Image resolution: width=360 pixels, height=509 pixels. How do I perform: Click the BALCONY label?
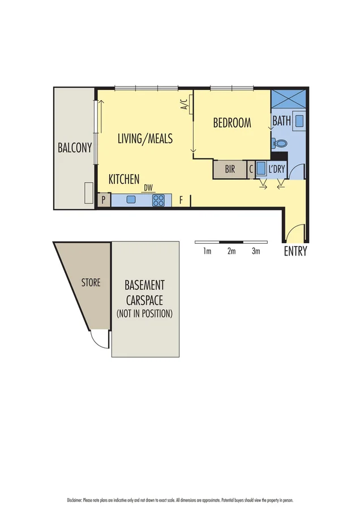click(x=75, y=148)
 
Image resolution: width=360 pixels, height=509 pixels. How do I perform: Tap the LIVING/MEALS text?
click(x=145, y=139)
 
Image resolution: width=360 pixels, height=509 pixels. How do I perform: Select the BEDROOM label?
click(x=232, y=123)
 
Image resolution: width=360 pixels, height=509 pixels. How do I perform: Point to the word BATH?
click(x=281, y=121)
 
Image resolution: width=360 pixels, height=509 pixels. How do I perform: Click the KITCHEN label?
click(x=124, y=179)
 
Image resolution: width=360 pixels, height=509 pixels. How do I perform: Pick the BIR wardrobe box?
click(x=230, y=169)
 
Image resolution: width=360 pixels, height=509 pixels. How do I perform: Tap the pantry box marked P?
click(x=104, y=200)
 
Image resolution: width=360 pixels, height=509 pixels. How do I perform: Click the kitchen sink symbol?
click(x=131, y=200)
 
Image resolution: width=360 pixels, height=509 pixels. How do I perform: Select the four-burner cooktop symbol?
click(x=159, y=200)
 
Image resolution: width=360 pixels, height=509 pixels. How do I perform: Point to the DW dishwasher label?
click(x=148, y=188)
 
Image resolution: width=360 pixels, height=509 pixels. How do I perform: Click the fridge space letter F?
click(x=181, y=200)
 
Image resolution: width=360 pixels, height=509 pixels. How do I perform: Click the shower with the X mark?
click(x=289, y=100)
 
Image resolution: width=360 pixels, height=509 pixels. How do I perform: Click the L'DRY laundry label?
click(x=277, y=169)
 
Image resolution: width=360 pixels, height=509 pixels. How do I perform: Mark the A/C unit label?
click(x=184, y=104)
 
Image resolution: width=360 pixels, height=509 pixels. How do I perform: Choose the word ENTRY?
click(x=295, y=252)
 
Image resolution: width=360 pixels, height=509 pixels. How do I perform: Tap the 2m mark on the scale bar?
click(x=231, y=252)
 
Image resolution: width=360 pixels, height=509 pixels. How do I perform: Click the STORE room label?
click(x=91, y=282)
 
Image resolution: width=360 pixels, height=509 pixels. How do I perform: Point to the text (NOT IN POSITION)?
click(x=145, y=313)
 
